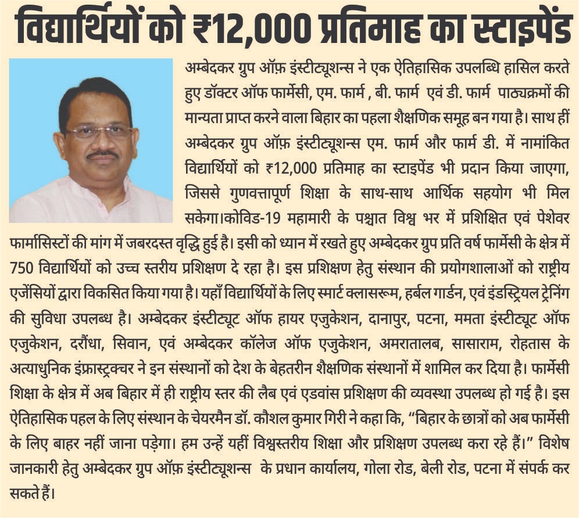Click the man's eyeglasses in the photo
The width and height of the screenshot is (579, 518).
(x=99, y=131)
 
